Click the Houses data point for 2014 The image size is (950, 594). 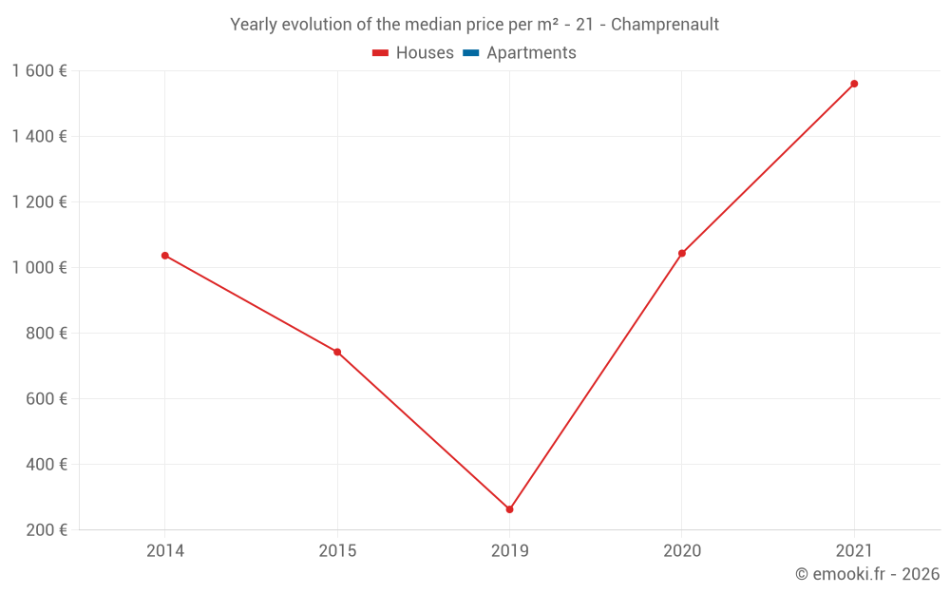[x=165, y=256]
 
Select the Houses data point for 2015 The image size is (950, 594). [x=337, y=353]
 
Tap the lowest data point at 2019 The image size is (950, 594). [x=509, y=509]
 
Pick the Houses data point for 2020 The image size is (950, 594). [x=682, y=254]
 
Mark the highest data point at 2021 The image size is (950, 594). [x=854, y=84]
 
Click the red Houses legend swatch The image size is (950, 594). [x=380, y=53]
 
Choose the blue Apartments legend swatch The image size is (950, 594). [x=470, y=53]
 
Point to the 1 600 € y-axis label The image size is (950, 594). [x=39, y=70]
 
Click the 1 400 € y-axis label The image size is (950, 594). [x=39, y=136]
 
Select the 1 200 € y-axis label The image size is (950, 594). [x=39, y=201]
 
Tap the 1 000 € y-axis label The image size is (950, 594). [x=39, y=267]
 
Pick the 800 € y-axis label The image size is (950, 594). [x=47, y=333]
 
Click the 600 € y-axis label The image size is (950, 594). [x=47, y=398]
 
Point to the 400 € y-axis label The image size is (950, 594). [x=47, y=464]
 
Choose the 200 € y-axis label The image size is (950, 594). [x=47, y=529]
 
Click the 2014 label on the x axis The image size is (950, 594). [x=165, y=550]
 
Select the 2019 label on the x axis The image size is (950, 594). [x=509, y=550]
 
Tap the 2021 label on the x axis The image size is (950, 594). [x=854, y=550]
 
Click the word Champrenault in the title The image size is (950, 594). [x=665, y=25]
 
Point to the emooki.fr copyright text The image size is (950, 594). [x=867, y=574]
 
